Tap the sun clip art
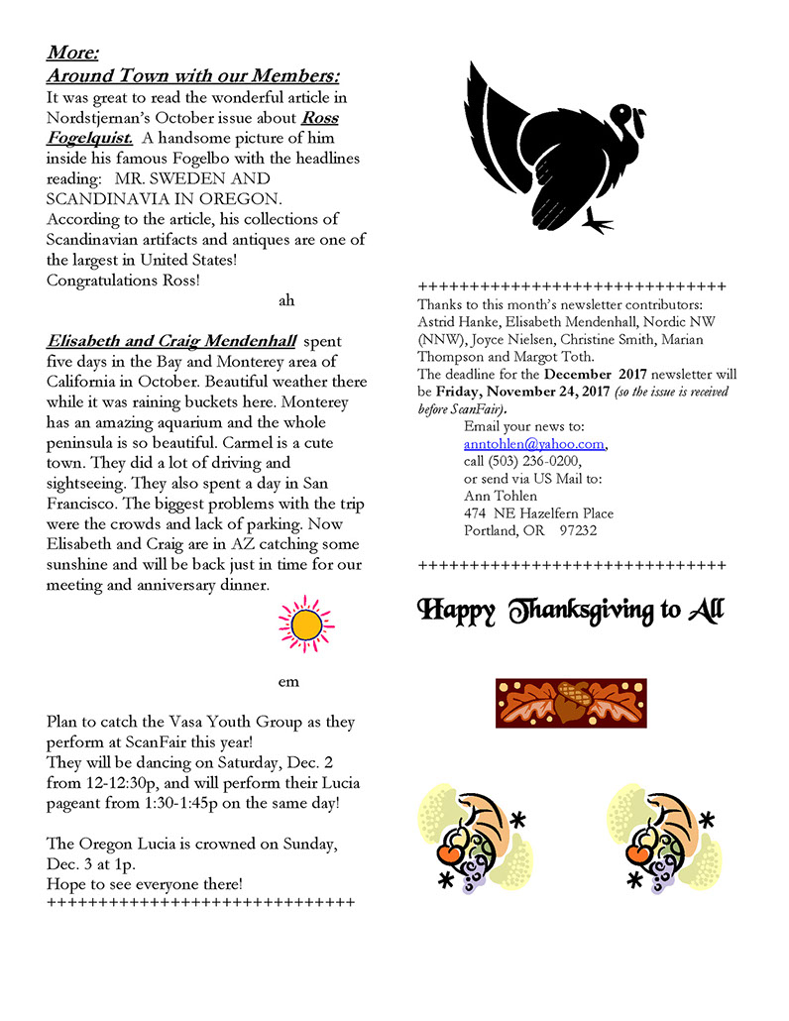(x=306, y=624)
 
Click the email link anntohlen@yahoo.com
(x=533, y=445)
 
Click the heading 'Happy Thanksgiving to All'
(x=571, y=610)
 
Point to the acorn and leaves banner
(x=571, y=703)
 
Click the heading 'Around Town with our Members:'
(x=193, y=76)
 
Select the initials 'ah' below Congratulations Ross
(x=286, y=299)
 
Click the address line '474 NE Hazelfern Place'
(x=538, y=513)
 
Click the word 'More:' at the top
(x=72, y=54)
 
